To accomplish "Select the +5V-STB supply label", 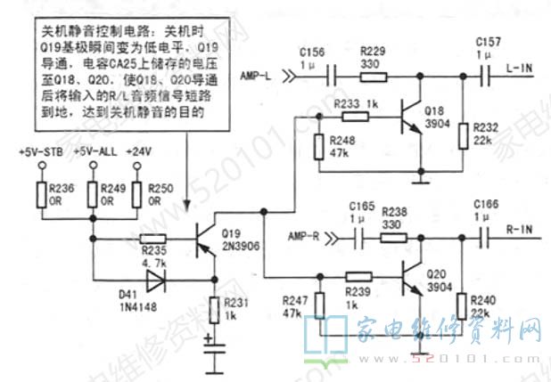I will coord(38,153).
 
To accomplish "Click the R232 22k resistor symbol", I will coord(462,136).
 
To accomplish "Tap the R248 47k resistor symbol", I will coord(319,146).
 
